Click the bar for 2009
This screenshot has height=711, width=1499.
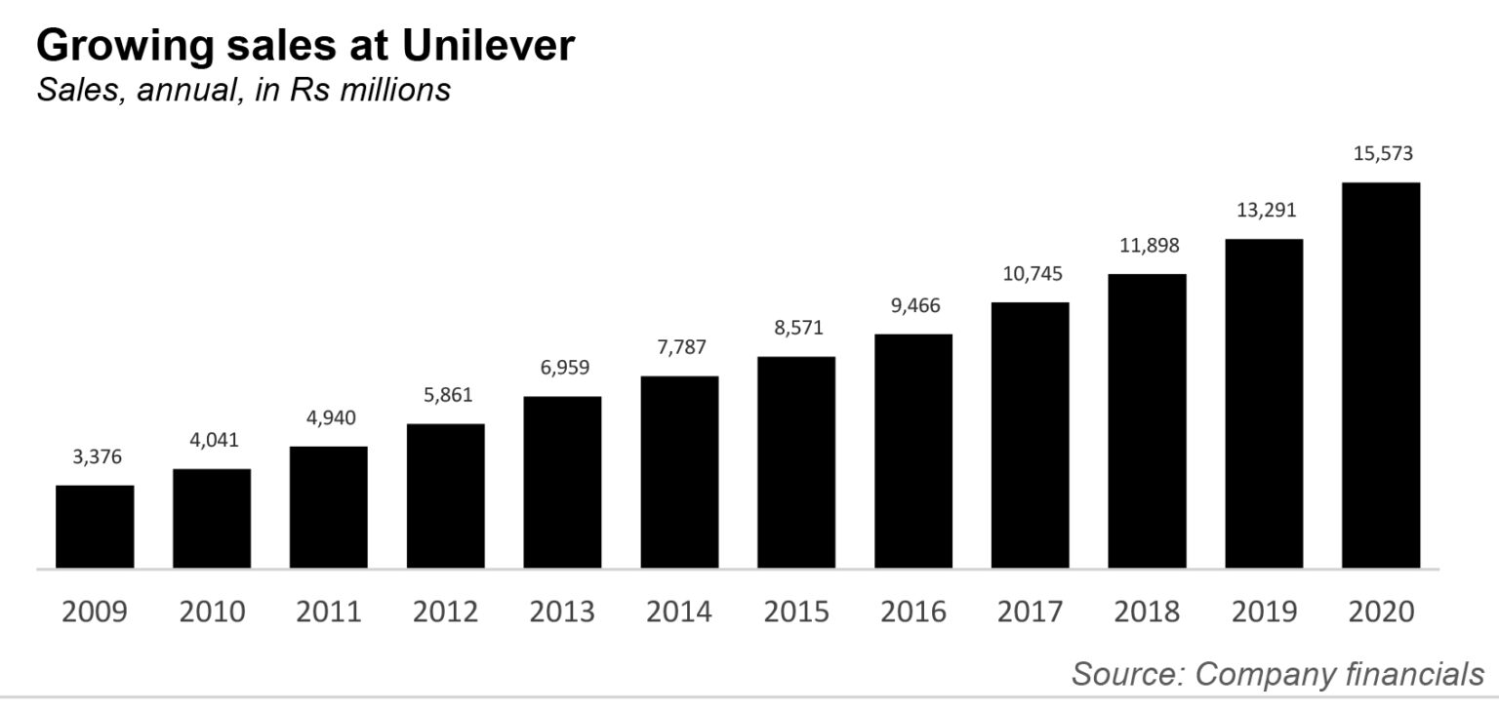95,527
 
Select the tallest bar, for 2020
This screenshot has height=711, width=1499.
1381,375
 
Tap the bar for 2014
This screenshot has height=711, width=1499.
679,472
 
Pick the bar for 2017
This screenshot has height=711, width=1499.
1030,435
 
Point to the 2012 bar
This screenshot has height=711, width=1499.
445,495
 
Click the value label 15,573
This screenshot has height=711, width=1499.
1381,153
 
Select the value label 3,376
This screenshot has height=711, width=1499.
95,456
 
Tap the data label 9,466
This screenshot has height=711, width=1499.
913,306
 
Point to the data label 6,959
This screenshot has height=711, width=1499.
562,369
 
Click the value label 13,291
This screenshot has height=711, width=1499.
1264,211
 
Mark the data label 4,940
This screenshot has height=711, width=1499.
329,418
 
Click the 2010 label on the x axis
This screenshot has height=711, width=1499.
212,612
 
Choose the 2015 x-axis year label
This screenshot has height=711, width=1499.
796,612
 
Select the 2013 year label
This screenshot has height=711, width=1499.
562,612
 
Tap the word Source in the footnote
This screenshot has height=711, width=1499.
1126,673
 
